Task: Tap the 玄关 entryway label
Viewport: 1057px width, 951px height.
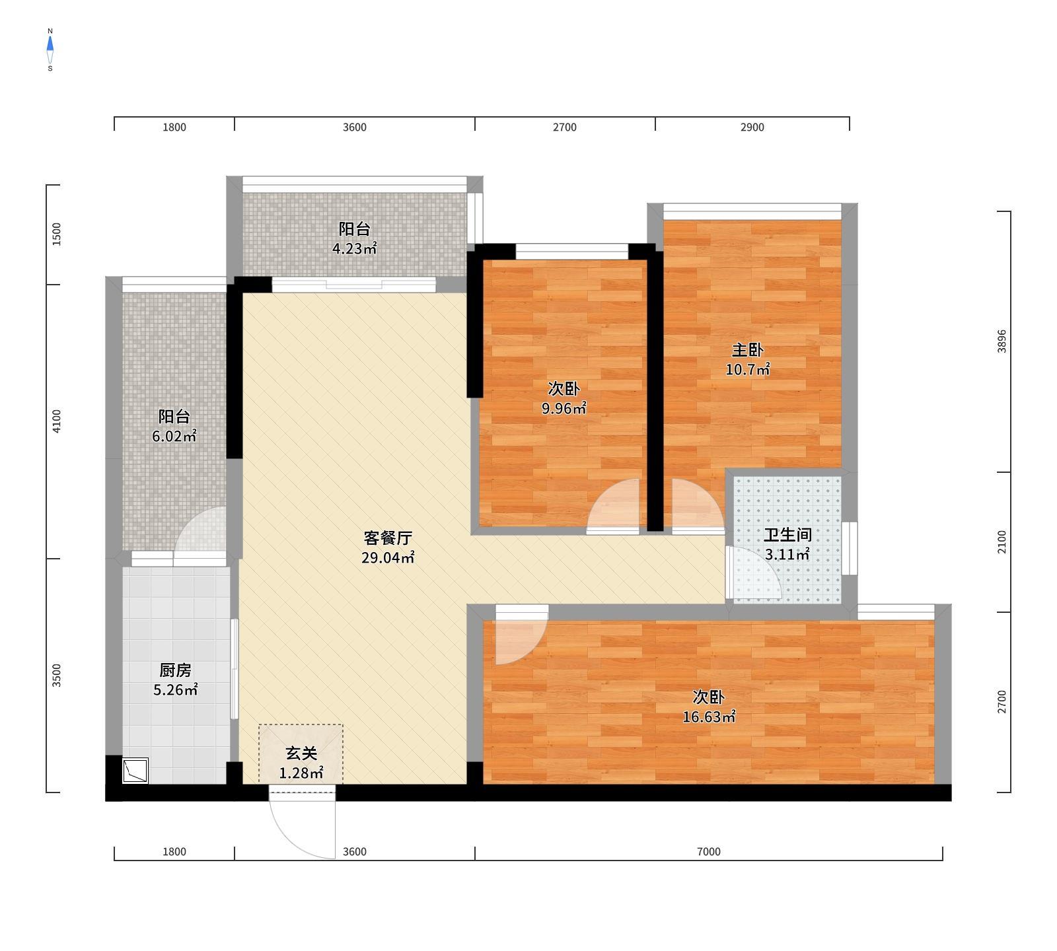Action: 301,753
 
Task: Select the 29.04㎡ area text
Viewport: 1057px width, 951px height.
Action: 388,558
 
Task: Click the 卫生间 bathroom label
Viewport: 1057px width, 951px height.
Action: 787,535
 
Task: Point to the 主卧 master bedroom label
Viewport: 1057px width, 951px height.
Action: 748,350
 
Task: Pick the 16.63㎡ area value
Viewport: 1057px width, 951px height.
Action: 709,717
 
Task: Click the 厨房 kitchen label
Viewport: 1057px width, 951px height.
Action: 175,670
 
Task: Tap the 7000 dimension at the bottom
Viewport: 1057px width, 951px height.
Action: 708,852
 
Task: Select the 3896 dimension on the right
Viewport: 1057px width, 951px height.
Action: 1002,341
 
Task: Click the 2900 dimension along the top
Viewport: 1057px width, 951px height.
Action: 752,127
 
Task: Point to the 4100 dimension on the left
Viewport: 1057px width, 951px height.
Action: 57,421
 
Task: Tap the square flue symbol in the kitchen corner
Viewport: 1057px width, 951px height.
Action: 135,771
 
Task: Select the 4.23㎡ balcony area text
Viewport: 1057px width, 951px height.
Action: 354,249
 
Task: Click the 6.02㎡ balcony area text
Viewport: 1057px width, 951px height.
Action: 174,437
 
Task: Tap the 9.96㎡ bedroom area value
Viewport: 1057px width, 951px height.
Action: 564,409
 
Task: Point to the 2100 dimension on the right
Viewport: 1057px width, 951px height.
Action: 1002,542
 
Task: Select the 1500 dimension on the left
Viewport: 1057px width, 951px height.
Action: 57,234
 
